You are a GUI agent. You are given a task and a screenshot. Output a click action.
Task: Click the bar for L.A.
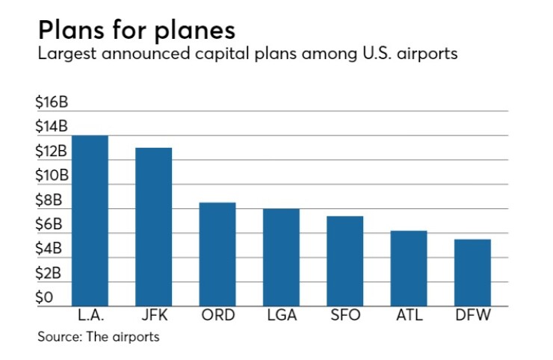click(90, 220)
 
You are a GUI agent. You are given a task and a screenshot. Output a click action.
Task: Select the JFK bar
click(153, 226)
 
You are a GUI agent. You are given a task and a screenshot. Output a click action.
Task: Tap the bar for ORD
click(217, 254)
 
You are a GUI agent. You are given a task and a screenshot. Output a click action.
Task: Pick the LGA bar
click(281, 257)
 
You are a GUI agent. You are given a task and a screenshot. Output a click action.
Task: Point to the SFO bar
click(345, 261)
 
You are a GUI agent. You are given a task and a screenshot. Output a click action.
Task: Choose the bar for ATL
click(409, 268)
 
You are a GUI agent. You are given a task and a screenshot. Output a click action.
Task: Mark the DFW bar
click(472, 272)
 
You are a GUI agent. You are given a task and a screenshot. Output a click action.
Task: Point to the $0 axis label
click(46, 298)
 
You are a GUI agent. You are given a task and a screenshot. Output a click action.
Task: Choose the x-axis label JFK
click(153, 315)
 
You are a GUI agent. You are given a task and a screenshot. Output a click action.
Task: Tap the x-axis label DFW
click(472, 315)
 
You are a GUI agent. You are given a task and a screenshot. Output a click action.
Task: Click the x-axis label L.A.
click(90, 315)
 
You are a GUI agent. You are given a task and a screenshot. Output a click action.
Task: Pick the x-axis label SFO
click(345, 315)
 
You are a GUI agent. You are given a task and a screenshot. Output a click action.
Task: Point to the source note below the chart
click(99, 337)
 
